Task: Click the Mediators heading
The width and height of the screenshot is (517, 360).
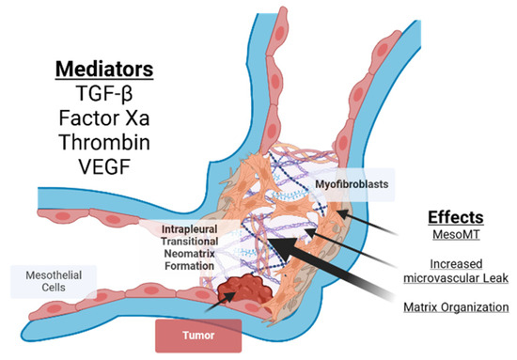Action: click(x=104, y=72)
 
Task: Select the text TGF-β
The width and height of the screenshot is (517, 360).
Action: click(x=104, y=100)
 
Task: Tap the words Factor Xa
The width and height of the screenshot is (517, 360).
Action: click(x=104, y=126)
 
